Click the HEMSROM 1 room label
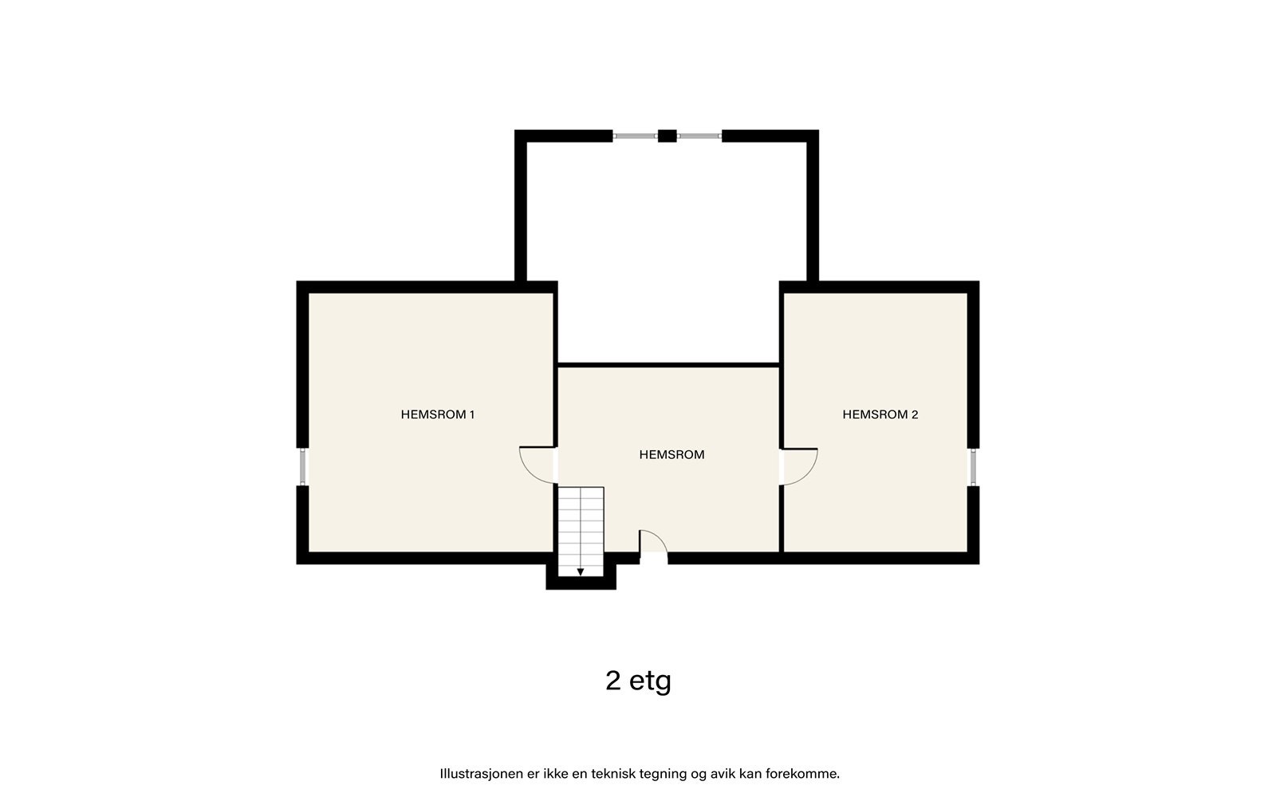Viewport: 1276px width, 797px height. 437,414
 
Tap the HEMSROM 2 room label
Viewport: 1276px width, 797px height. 880,414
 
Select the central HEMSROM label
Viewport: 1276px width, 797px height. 671,455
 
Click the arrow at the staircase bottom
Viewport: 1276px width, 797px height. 581,571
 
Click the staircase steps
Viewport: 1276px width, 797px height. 581,526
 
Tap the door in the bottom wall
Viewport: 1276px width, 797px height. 653,545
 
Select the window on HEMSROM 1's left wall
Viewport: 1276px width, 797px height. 302,467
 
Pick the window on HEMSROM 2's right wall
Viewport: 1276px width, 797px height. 973,467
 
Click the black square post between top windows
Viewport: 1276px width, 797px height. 667,136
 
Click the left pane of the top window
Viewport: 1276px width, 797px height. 635,136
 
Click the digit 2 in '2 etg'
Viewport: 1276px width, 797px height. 613,681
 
